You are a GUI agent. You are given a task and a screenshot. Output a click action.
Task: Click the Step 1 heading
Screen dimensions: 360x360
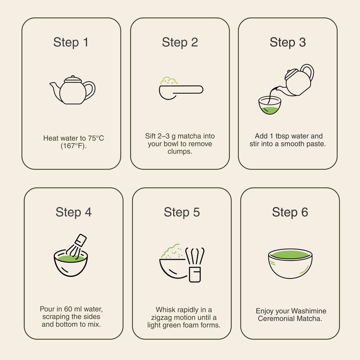click(71, 43)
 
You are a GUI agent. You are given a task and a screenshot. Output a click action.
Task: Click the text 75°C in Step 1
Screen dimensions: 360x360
click(96, 138)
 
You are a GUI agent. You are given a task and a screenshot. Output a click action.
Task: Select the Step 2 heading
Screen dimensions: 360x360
click(180, 43)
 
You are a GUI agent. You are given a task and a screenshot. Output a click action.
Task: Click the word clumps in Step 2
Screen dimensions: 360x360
click(180, 152)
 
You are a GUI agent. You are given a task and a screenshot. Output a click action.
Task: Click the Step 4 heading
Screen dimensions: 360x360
click(73, 212)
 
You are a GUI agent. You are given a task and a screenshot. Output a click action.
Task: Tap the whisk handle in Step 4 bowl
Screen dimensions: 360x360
click(81, 240)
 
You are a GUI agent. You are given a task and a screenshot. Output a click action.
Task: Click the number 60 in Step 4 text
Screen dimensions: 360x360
click(68, 309)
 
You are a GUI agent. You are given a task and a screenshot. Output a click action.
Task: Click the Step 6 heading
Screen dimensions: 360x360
click(290, 212)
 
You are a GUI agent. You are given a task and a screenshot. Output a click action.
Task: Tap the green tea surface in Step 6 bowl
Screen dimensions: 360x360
click(290, 255)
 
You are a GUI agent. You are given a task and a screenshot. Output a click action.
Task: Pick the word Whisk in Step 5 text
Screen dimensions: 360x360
click(166, 310)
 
